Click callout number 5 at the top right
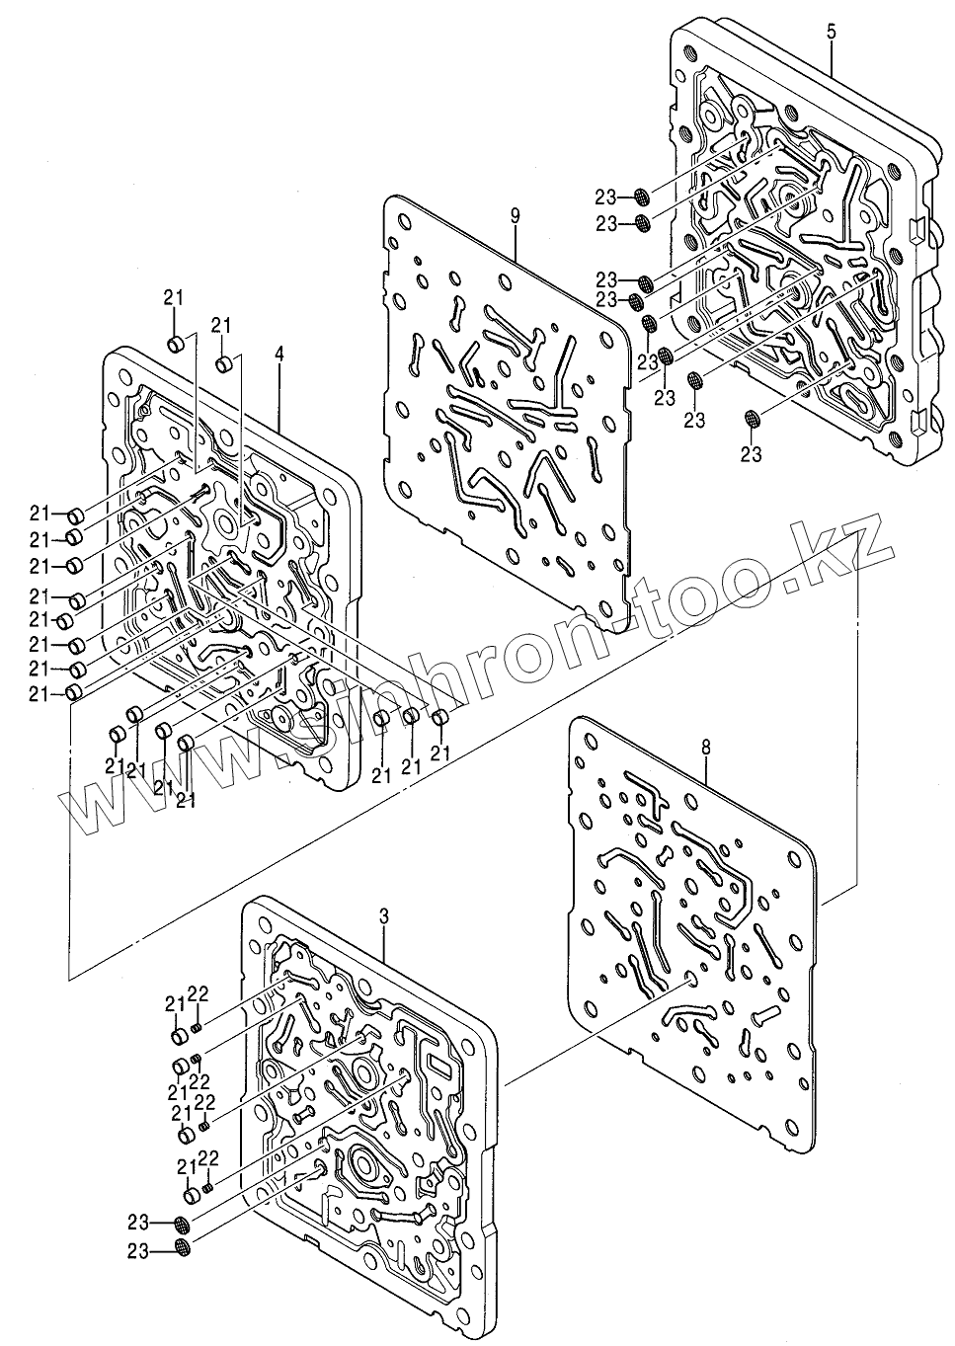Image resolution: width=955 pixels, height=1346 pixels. pyautogui.click(x=831, y=33)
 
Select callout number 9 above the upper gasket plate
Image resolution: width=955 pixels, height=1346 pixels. pyautogui.click(x=516, y=214)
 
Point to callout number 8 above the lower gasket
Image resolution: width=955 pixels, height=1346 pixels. pyautogui.click(x=704, y=750)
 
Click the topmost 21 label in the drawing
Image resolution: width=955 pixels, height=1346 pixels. pyautogui.click(x=174, y=299)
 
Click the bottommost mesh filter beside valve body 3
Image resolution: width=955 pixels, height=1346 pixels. pyautogui.click(x=182, y=1248)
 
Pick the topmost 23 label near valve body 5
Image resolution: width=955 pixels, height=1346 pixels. pyautogui.click(x=605, y=195)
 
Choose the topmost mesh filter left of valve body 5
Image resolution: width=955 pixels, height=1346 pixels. pyautogui.click(x=641, y=195)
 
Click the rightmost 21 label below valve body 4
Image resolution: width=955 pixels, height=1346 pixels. pyautogui.click(x=439, y=753)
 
